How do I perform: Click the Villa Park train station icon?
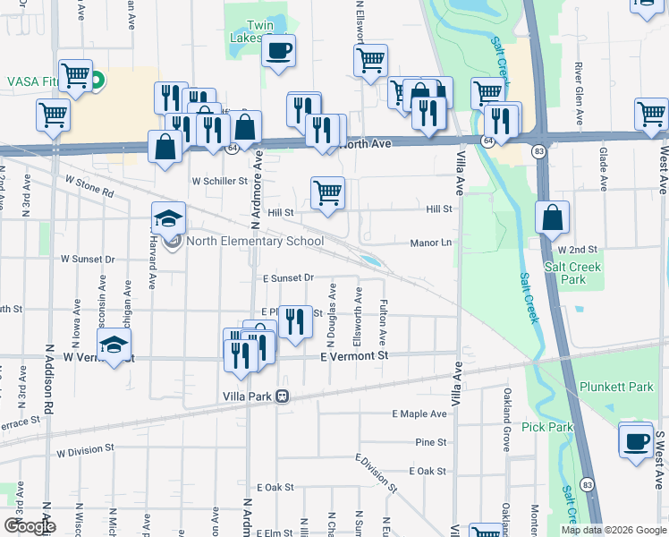coord(283,396)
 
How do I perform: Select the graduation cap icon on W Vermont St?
coord(114,345)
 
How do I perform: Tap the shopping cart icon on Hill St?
coord(328,192)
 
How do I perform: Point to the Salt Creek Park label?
coord(573,273)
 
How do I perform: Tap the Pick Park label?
coord(546,427)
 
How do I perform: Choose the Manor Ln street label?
coord(430,243)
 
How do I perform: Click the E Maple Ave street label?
coord(419,413)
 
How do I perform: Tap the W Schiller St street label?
coord(219,181)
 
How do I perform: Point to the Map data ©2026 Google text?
coord(613,530)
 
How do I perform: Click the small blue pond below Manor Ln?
coord(369,261)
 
